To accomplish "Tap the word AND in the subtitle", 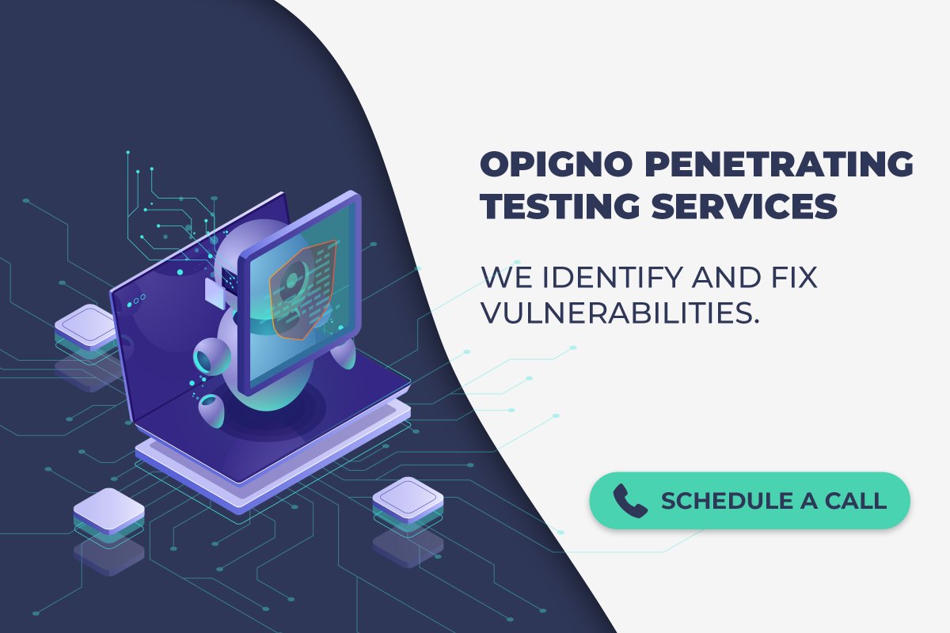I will click(716, 279).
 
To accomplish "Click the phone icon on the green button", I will click(630, 501).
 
